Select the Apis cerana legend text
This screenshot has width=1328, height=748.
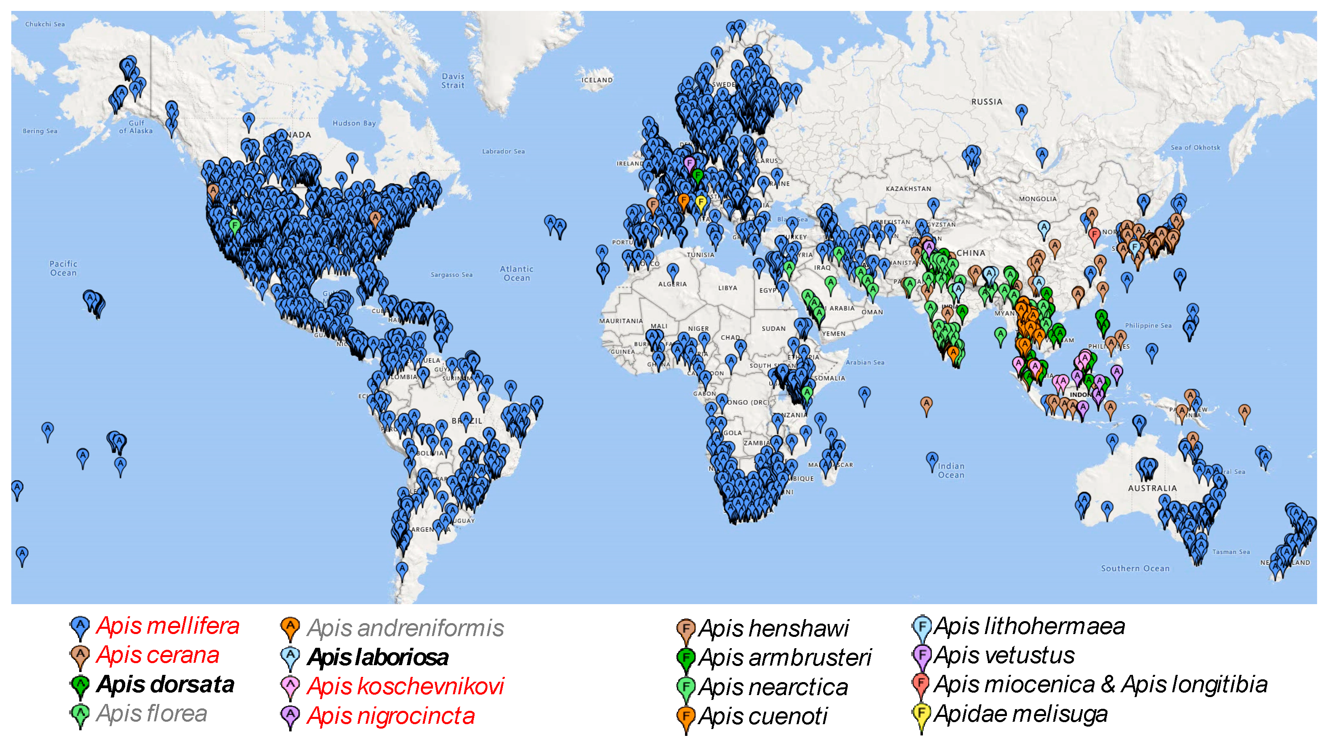pyautogui.click(x=158, y=655)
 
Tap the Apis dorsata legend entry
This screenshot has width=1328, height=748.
pyautogui.click(x=165, y=685)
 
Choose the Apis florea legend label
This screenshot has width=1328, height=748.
pyautogui.click(x=151, y=714)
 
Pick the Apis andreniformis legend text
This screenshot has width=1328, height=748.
pyautogui.click(x=405, y=628)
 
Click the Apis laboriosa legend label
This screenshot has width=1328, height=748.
pyautogui.click(x=378, y=657)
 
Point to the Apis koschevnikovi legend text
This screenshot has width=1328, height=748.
pyautogui.click(x=405, y=687)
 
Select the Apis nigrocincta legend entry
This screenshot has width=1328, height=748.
pyautogui.click(x=391, y=716)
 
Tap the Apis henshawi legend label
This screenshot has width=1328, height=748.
pyautogui.click(x=773, y=628)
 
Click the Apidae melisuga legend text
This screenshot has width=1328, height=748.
pyautogui.click(x=1020, y=714)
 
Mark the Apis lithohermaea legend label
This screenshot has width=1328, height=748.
pyautogui.click(x=1029, y=626)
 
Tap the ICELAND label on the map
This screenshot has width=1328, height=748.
pyautogui.click(x=597, y=80)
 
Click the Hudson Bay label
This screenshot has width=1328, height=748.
pyautogui.click(x=354, y=123)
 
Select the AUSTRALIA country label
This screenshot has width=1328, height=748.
pyautogui.click(x=1152, y=488)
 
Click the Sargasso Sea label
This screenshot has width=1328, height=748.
pyautogui.click(x=452, y=275)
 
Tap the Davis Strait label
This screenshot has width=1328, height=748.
pyautogui.click(x=453, y=81)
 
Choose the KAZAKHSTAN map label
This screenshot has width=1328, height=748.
pyautogui.click(x=908, y=189)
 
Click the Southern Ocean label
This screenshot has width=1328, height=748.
pyautogui.click(x=1135, y=569)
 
